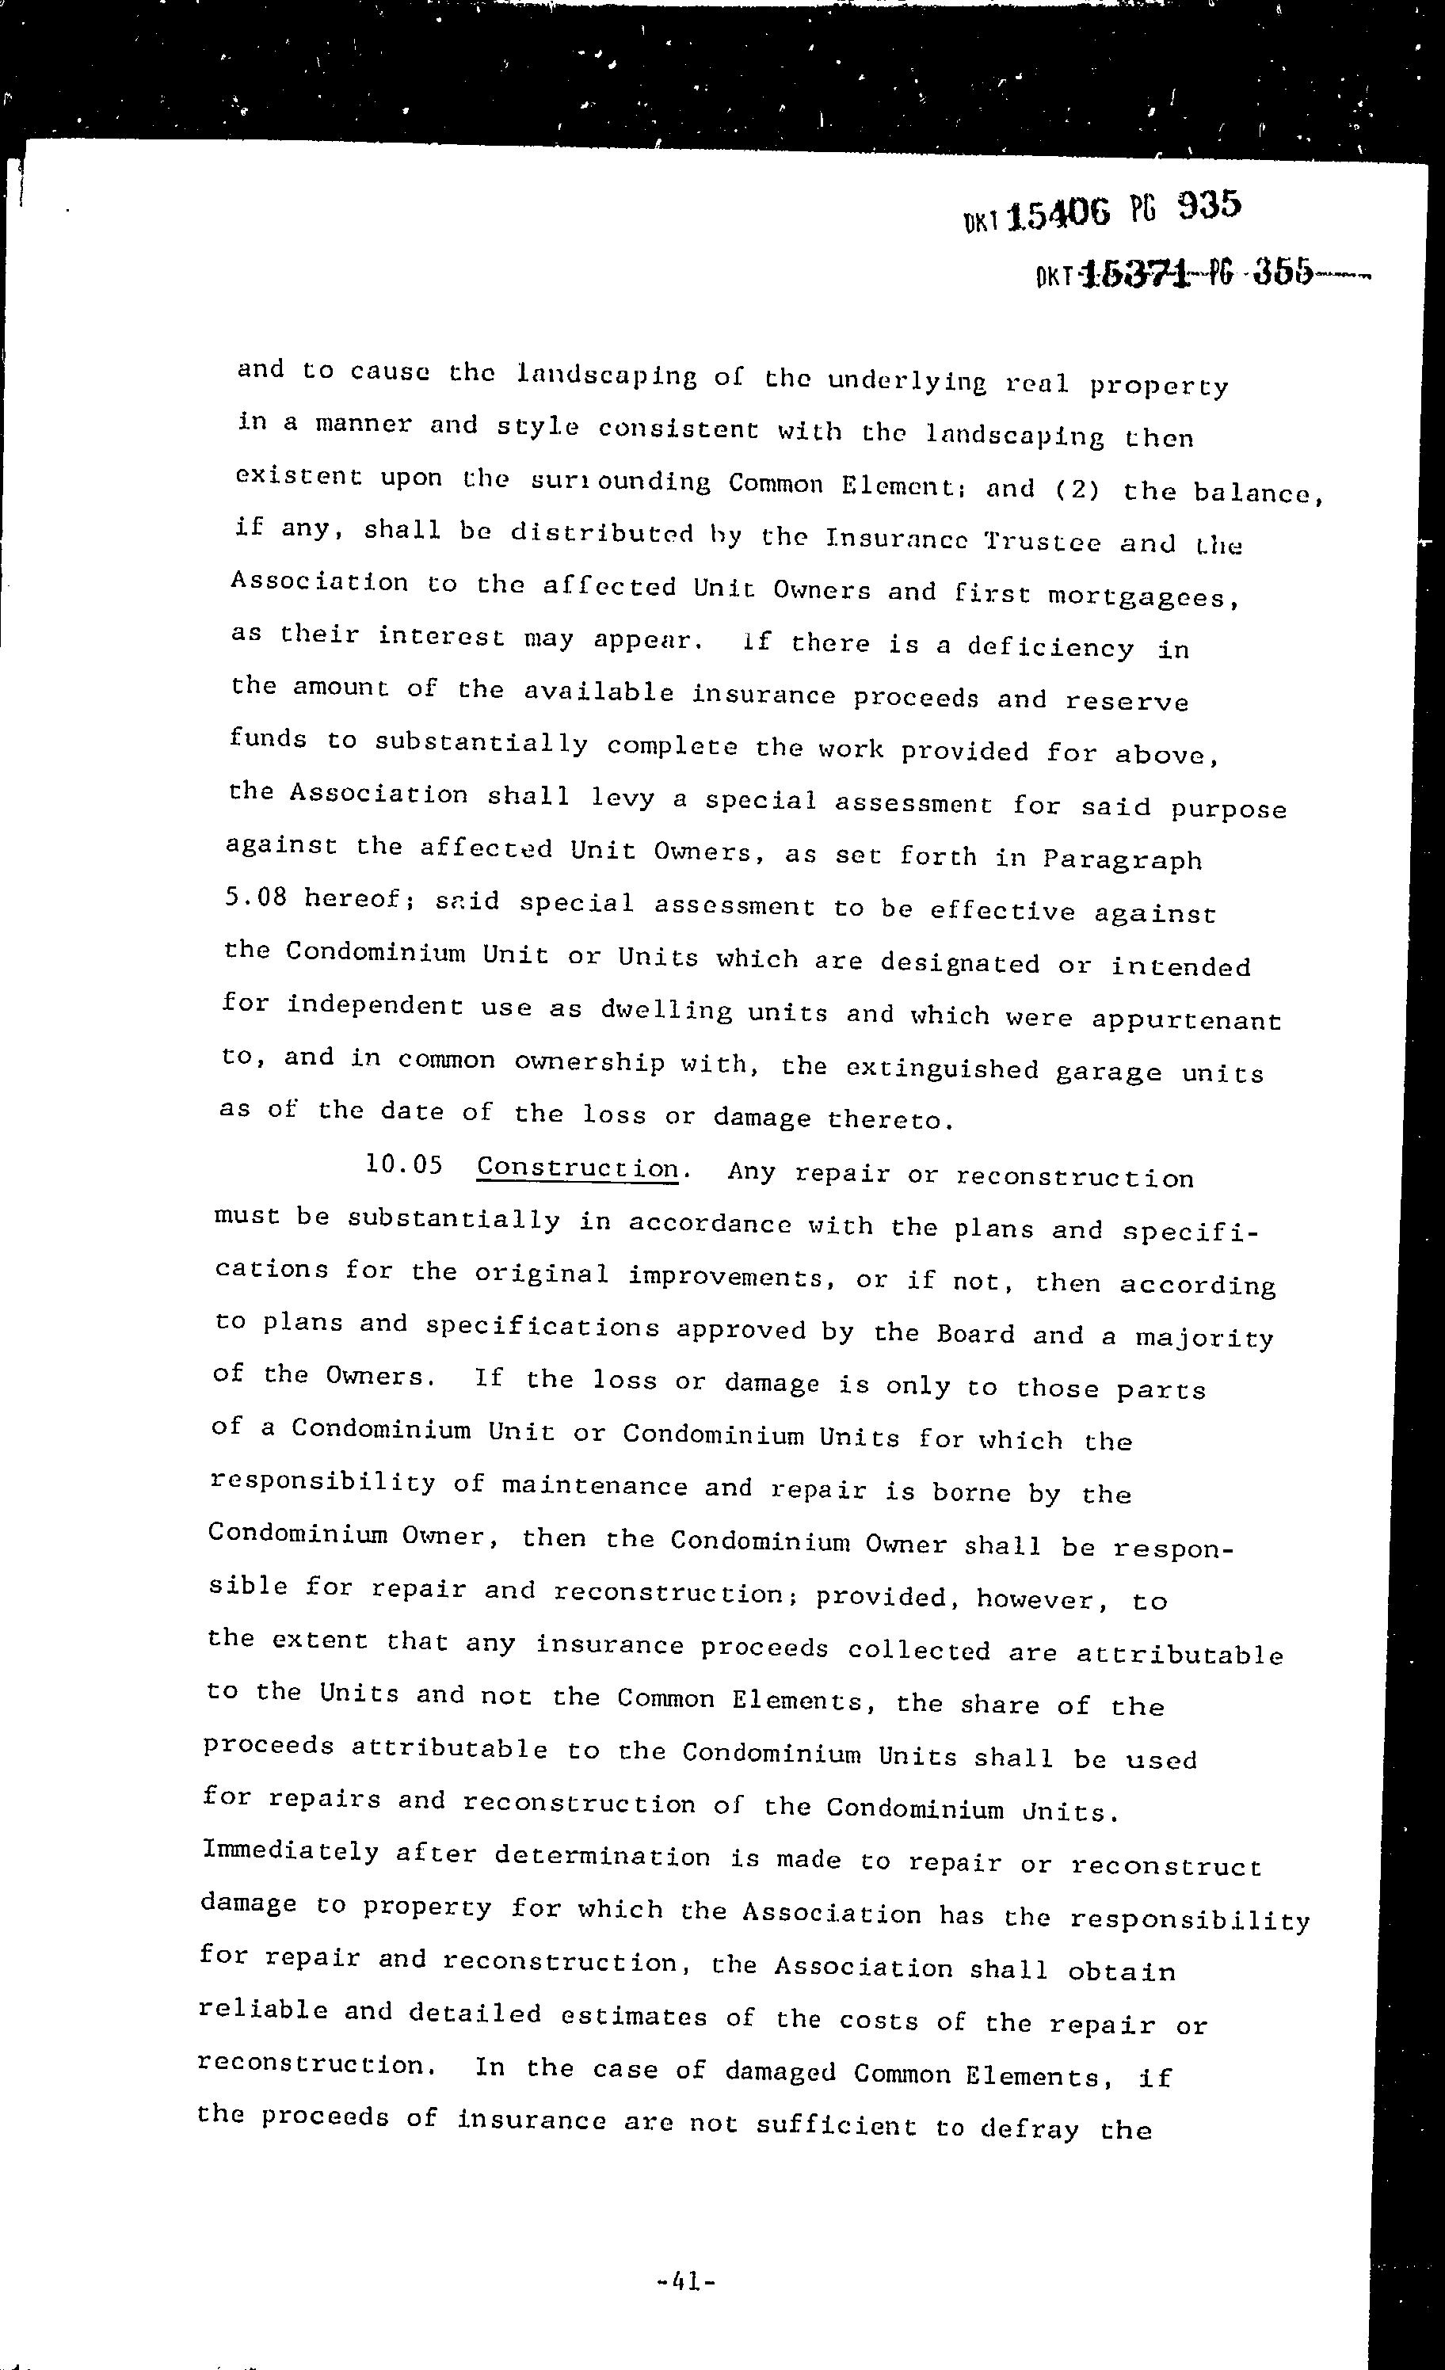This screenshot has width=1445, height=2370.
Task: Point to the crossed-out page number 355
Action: (x=1283, y=273)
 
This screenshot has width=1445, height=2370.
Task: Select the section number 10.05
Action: (x=404, y=1166)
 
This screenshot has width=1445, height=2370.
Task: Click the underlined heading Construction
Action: (x=578, y=1168)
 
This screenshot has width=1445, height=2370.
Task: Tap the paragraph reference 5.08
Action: (x=256, y=897)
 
